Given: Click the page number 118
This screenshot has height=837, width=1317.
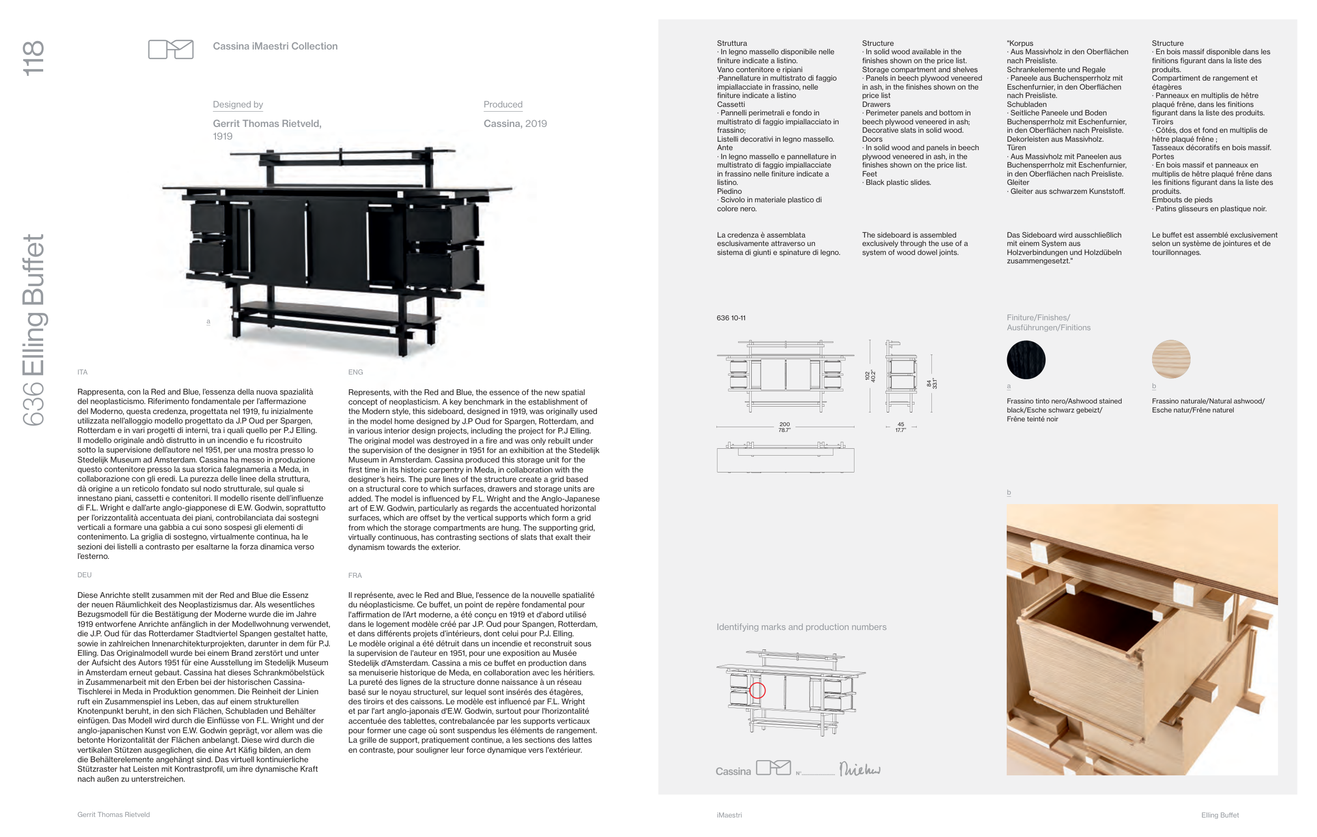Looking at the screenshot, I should pos(33,58).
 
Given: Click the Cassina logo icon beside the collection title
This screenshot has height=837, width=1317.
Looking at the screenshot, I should pos(171,49).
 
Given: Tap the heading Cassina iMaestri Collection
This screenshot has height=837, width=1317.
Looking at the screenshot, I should pos(275,46).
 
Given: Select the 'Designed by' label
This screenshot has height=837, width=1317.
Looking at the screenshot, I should pos(238,104).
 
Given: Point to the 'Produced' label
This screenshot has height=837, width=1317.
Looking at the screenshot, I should pos(503,104).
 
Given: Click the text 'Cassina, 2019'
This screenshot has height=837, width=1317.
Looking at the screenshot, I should pos(515,124).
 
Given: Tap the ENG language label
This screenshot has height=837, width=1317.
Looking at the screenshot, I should pos(356,372).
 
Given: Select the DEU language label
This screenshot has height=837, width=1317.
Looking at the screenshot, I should pos(84,575).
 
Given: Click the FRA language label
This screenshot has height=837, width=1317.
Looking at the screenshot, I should pos(355,576).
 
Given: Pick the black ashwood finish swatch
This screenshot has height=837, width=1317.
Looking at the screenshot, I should pos(1026,360).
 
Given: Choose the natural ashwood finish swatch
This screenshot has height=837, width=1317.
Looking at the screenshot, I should pos(1171,359).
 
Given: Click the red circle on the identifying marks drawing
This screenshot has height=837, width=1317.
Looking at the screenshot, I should pos(758,691).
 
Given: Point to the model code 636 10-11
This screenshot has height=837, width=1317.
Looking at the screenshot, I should pos(731,318).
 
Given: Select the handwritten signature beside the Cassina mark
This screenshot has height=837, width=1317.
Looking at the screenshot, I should pos(859,769).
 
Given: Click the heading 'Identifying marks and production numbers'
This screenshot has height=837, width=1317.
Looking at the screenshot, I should pos(801,627).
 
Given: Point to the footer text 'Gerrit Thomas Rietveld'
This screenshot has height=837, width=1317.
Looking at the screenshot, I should pos(113,814).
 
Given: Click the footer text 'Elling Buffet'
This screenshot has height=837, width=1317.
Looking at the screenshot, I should pos(1220,815).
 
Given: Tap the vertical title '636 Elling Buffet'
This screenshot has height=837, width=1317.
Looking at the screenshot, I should pos(33,330).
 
